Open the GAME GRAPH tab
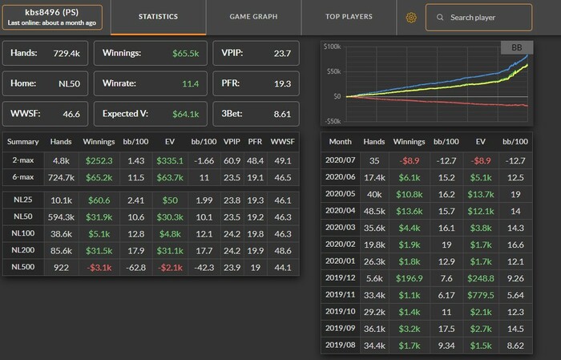253,16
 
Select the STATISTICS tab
158,16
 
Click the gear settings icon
412,17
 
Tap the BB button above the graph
515,48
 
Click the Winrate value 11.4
189,83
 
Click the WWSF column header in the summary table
283,142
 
